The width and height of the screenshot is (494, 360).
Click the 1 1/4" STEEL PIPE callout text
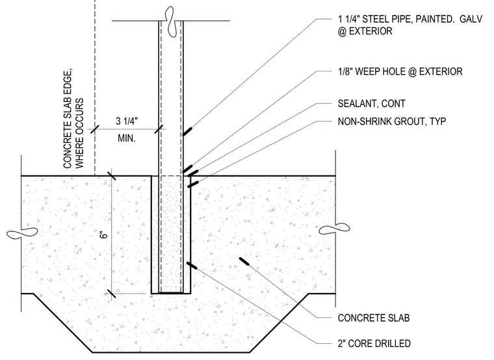point(410,25)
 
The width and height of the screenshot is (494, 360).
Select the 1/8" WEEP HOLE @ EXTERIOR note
point(400,71)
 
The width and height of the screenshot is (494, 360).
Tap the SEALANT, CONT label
point(371,103)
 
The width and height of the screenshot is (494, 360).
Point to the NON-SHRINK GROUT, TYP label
point(391,122)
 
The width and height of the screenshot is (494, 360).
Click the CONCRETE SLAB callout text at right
point(374,318)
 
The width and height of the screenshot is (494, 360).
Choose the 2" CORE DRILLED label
point(374,343)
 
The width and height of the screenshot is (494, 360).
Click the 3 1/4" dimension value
point(127,121)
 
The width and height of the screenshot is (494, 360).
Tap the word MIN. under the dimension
point(127,138)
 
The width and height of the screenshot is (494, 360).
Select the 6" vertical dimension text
point(104,235)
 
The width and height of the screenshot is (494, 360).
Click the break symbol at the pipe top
point(170,21)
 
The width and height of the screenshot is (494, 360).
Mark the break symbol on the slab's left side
point(21,233)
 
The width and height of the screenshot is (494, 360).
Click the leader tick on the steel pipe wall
point(187,132)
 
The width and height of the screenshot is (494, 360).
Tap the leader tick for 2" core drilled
point(192,266)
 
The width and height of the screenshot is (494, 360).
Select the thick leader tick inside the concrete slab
point(244,262)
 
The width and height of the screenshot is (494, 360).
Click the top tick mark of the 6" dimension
point(112,175)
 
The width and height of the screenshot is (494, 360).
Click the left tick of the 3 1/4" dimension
point(95,129)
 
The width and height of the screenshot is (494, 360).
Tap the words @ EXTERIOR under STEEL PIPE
point(365,31)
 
